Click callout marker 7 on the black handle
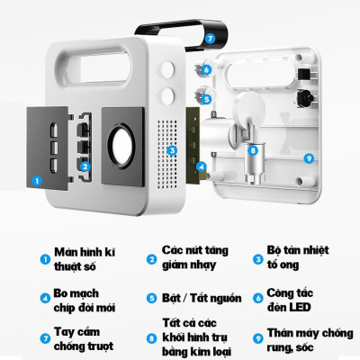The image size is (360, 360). [x=210, y=39]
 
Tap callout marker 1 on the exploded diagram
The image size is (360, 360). [x=36, y=179]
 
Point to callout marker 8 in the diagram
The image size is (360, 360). [x=253, y=150]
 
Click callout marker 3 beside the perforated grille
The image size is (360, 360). [x=172, y=150]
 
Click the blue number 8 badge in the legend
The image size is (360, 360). [x=150, y=338]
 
